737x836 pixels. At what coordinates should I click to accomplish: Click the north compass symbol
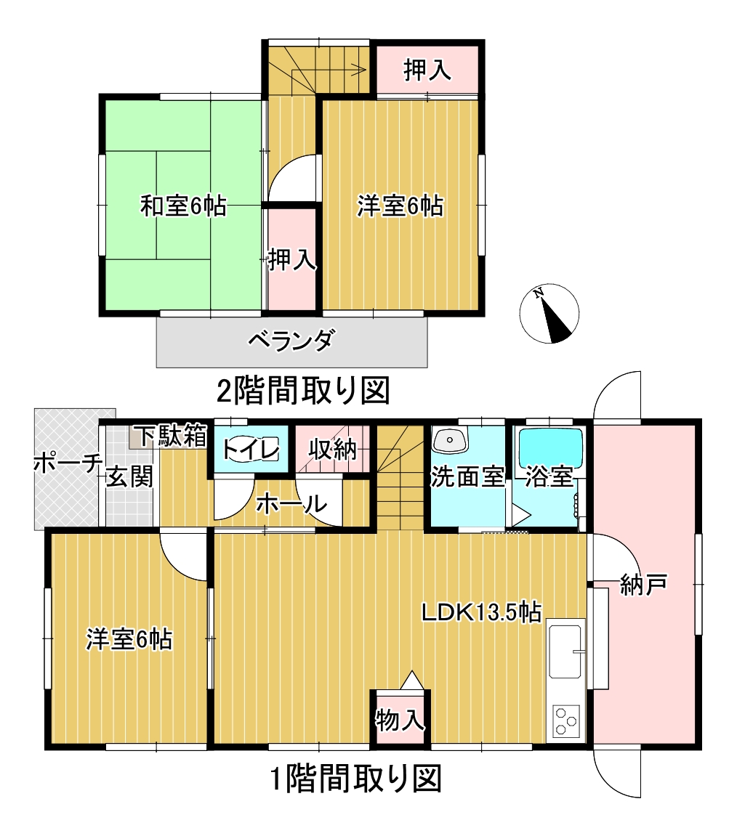coord(549,313)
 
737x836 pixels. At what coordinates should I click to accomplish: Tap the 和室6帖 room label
coord(184,206)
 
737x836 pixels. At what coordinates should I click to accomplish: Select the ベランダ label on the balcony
coord(292,340)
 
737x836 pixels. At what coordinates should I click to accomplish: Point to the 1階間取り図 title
coord(356,779)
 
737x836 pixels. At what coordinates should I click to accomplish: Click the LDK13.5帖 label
coord(481,612)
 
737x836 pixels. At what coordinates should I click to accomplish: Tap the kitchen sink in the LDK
coord(565,651)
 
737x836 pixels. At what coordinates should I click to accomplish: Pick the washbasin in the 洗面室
coord(449,440)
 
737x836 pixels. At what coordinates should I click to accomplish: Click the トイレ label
coord(250,450)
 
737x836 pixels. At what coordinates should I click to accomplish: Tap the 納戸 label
coord(644,585)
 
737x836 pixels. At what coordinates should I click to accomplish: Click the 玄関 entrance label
coord(129,476)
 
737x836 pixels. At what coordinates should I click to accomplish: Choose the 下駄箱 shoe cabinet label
coord(170,436)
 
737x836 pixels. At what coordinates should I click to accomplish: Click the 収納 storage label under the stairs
coord(332,450)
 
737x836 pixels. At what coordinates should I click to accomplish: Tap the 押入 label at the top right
coord(427,70)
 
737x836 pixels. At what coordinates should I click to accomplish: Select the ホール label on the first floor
coord(291,503)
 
